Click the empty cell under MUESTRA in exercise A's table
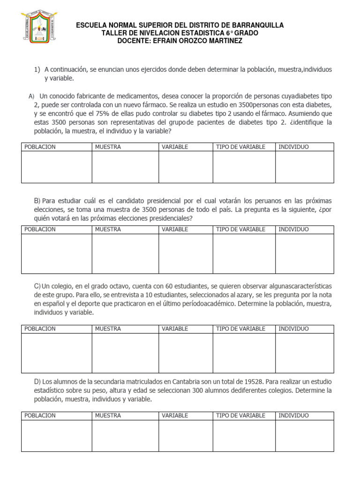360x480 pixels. [125, 167]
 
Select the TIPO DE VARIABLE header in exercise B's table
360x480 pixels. [240, 229]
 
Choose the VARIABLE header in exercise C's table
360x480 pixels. [175, 329]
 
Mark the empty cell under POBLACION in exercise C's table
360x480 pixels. [56, 353]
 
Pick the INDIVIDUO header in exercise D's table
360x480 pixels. [293, 415]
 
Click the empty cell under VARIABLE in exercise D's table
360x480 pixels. [186, 435]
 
